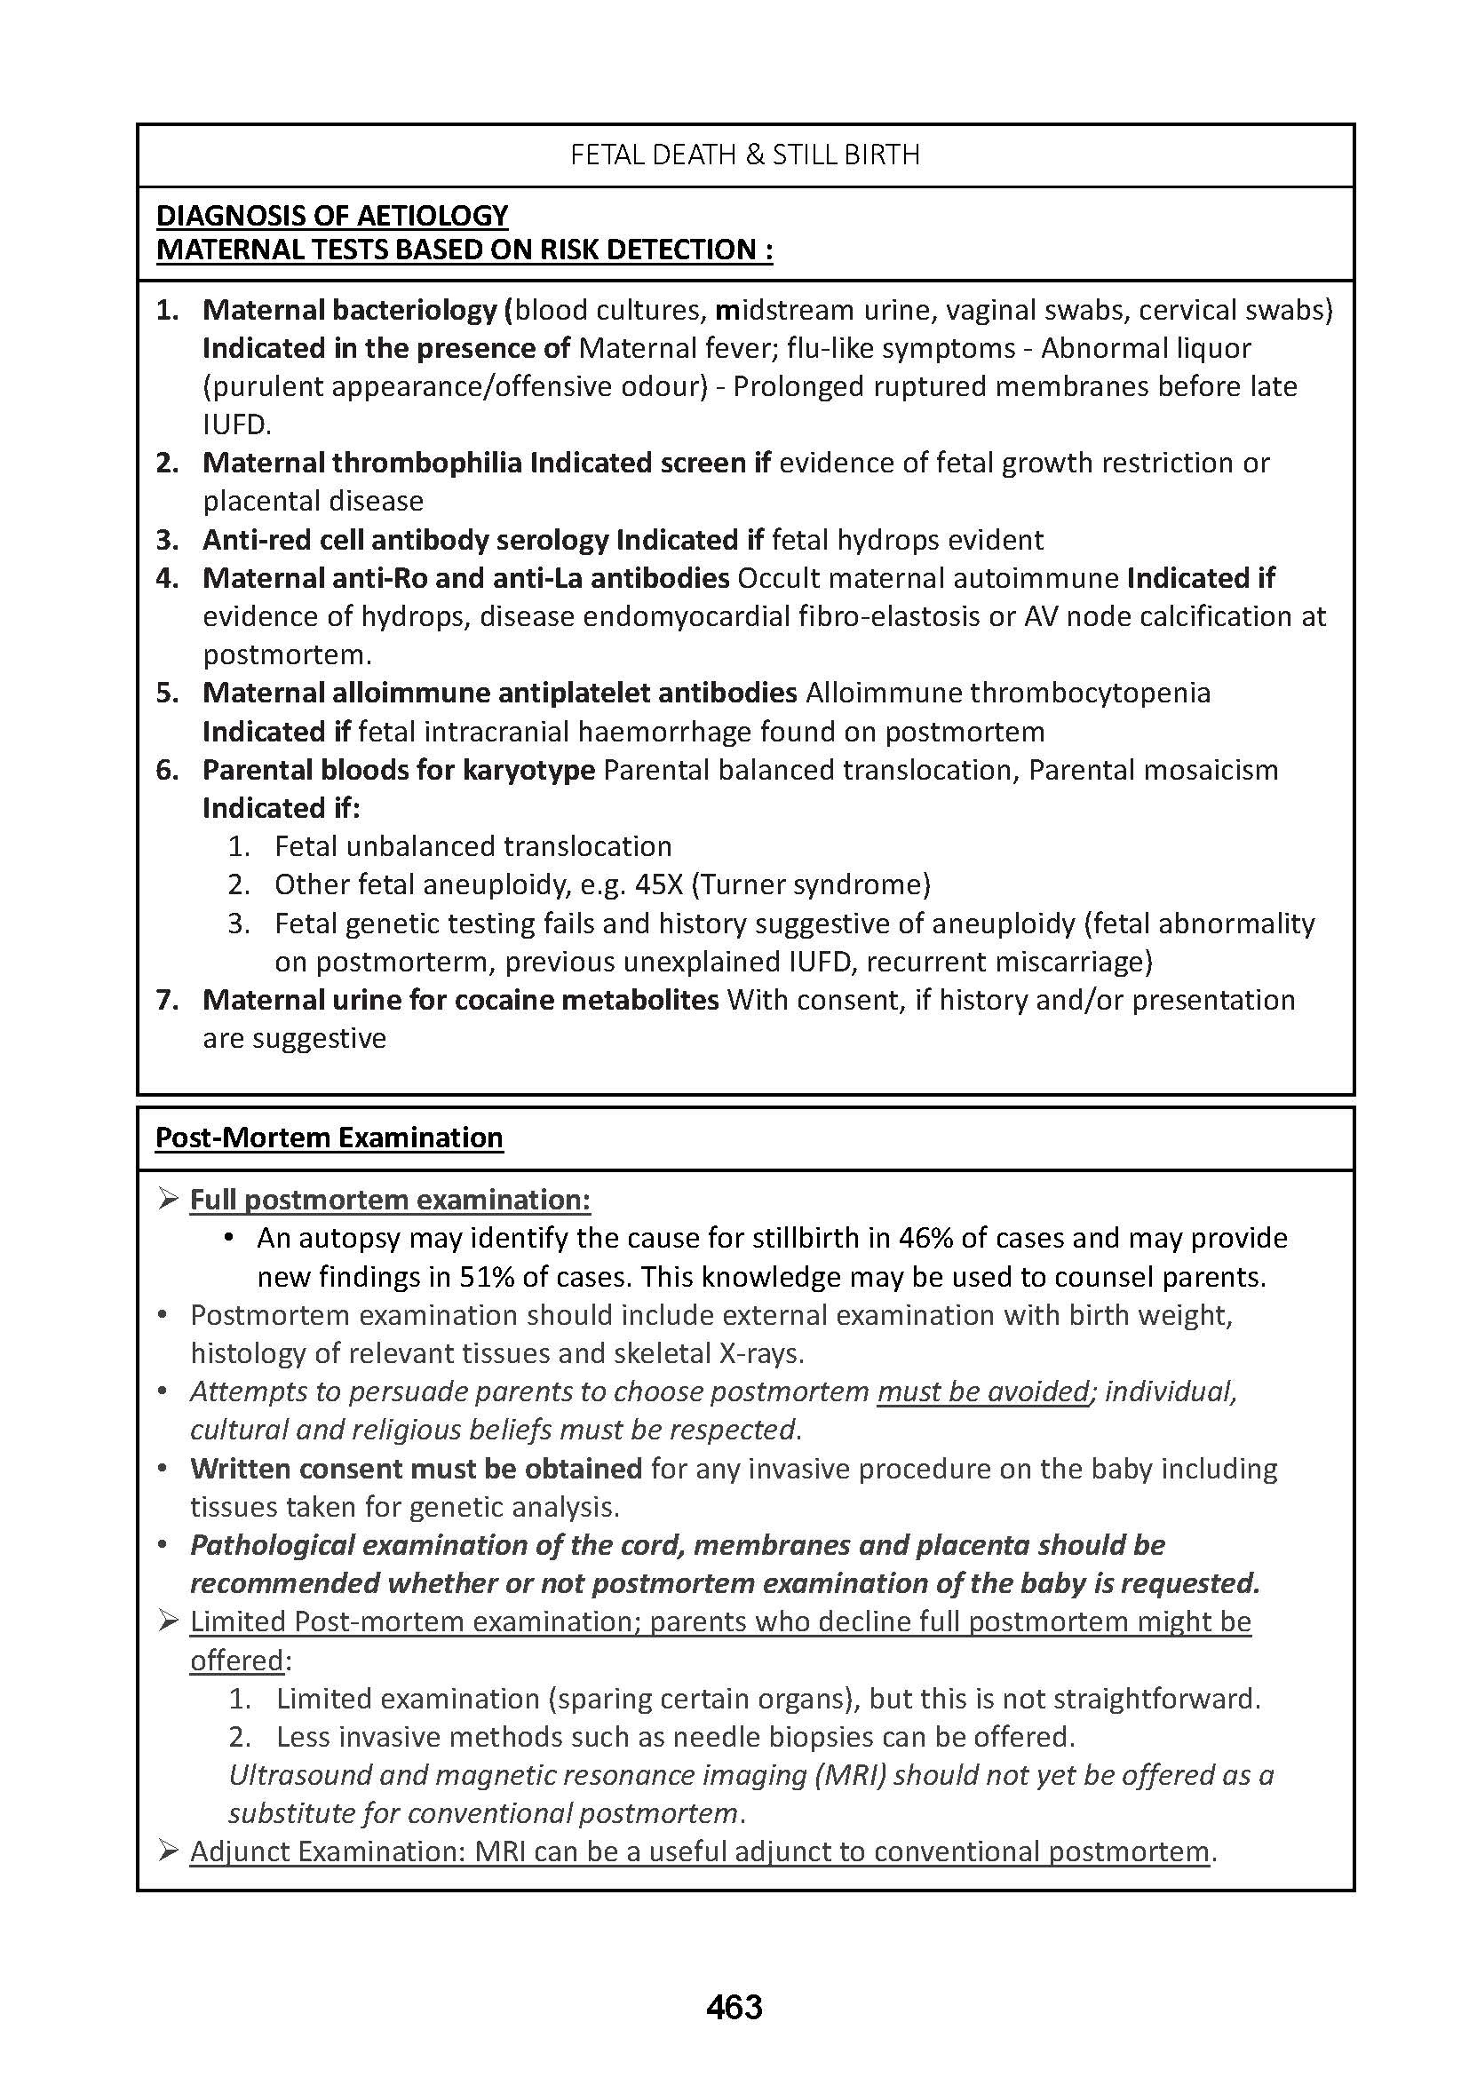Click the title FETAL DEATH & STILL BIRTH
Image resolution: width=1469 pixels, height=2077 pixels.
point(744,155)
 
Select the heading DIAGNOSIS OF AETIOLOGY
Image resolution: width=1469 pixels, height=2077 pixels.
point(332,215)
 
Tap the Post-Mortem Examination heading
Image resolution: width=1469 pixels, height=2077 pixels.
point(329,1138)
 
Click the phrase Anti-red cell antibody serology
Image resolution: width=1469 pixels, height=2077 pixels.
point(404,540)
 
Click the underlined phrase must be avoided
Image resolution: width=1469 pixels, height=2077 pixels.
point(982,1391)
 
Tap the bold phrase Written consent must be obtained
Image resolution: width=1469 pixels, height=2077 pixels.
point(415,1468)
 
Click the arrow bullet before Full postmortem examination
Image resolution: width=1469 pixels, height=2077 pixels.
point(167,1200)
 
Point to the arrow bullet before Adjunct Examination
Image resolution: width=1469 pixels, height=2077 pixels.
point(167,1851)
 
